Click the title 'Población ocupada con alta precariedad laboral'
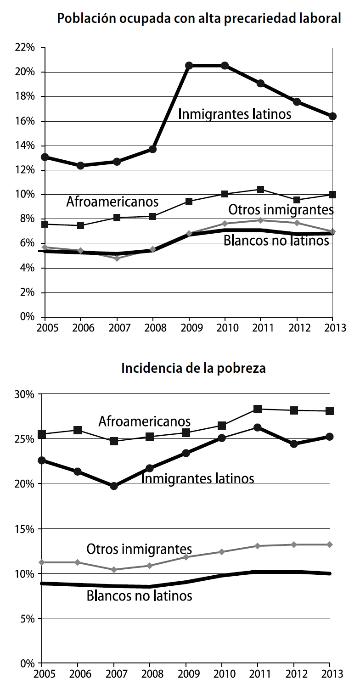tap(199, 19)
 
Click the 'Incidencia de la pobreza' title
tap(193, 368)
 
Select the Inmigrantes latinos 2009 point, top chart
tap(189, 66)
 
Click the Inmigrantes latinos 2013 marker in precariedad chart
tap(332, 116)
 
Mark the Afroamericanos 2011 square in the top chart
tap(260, 189)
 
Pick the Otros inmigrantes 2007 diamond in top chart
tap(117, 258)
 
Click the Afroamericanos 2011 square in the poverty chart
tap(258, 409)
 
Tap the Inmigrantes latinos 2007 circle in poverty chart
tap(114, 486)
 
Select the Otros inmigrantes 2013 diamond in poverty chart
tap(329, 544)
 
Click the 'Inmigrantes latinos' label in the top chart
tap(234, 114)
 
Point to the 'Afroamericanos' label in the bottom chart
tap(144, 421)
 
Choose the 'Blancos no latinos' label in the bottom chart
tap(139, 596)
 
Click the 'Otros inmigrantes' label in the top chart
tap(281, 210)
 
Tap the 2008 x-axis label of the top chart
tap(153, 329)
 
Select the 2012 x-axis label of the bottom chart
tap(293, 675)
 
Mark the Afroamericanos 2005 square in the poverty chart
tap(42, 434)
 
